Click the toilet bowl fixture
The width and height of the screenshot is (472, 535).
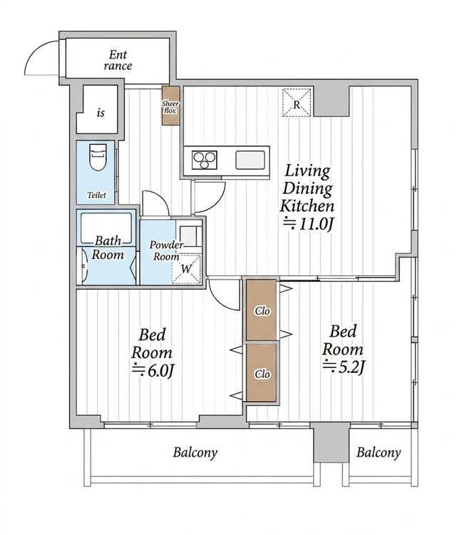98,158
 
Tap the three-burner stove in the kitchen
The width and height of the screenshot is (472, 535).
204,160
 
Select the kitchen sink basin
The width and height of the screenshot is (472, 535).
250,160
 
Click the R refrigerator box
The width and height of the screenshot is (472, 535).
297,103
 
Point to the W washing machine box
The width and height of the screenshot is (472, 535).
186,269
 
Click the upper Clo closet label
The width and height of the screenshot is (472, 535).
262,311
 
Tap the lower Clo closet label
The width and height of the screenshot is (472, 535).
262,374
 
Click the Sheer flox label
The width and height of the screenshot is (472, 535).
170,107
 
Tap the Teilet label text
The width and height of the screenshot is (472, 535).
96,195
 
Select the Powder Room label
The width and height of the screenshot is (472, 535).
166,250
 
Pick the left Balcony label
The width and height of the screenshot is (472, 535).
195,453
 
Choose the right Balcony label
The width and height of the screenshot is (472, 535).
379,453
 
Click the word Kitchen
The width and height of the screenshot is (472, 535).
307,206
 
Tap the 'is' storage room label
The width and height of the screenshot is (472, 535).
101,113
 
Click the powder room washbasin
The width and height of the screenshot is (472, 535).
188,236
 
